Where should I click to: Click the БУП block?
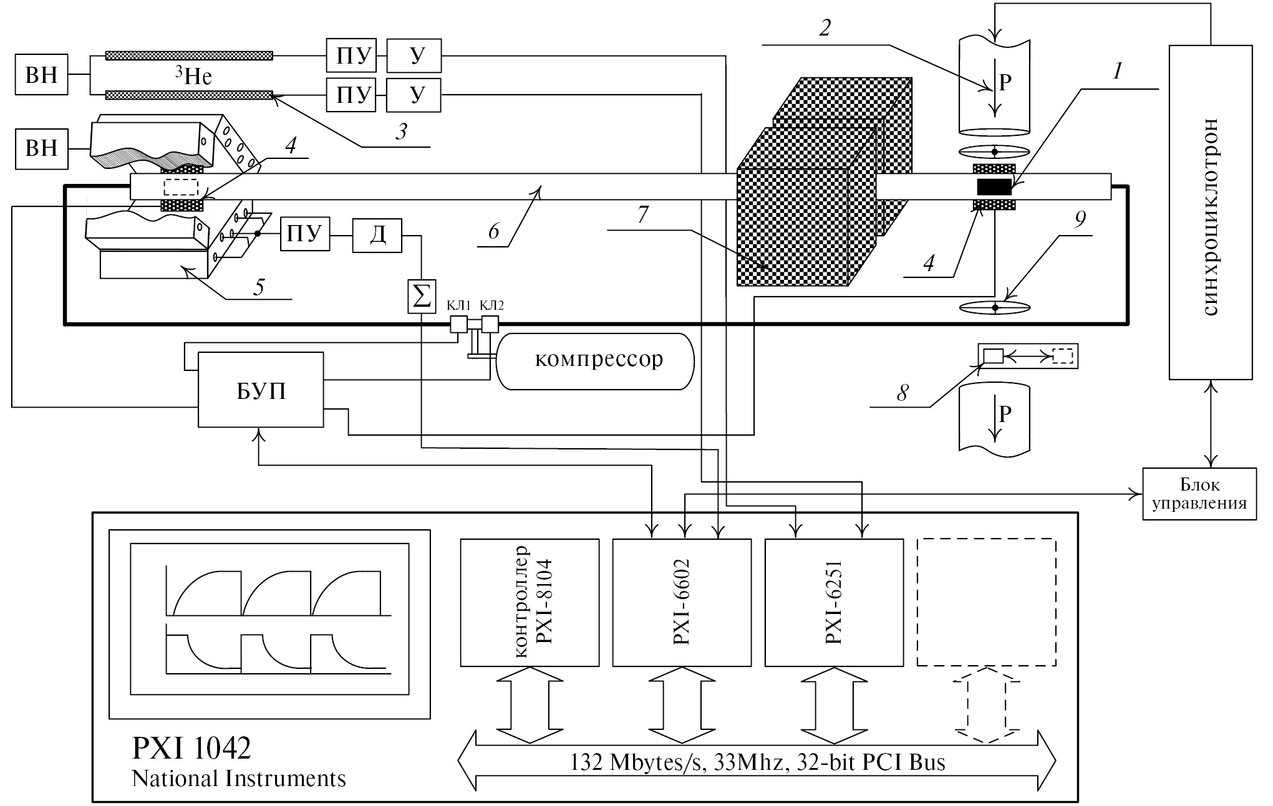coord(261,390)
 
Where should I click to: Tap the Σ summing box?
coord(422,295)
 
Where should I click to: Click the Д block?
coord(377,236)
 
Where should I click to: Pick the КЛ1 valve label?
coord(458,305)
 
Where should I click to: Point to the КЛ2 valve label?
coord(491,305)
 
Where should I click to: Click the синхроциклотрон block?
coord(1210,212)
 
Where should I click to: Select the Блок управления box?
coord(1199,494)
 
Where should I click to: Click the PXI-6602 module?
coord(682,603)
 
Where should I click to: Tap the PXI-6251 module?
coord(833,603)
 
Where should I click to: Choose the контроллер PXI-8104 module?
coord(530,603)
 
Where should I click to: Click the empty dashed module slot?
coord(986,603)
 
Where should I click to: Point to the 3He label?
coord(193,76)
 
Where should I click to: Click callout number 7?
coord(642,215)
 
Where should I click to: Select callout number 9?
coord(1080,219)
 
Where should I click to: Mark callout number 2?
coord(825,28)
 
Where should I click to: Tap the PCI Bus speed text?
coord(757,762)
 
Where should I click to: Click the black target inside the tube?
coord(994,186)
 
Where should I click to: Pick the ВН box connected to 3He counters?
coord(41,75)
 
